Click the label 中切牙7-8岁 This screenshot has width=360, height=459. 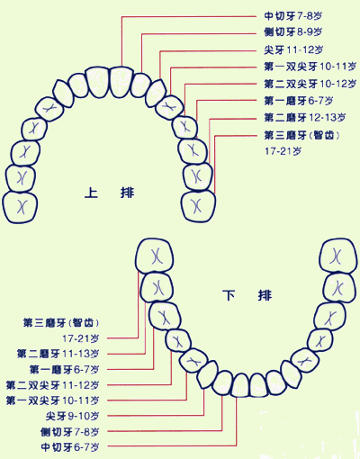pos(292,15)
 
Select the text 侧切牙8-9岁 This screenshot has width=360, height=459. pos(292,31)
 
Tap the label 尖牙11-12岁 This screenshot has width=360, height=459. pos(293,49)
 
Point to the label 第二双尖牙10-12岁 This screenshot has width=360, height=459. pos(310,84)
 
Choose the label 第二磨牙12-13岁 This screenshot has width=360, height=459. pos(305,117)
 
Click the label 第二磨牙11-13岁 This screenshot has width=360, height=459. pos(58,354)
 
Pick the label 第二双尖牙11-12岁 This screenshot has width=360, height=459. pos(52,385)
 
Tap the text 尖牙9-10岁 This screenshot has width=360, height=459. pos(72,416)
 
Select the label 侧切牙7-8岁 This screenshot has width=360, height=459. pos(70,432)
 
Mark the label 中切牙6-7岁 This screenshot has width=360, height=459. pos(70,447)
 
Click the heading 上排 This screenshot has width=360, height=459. pos(109,193)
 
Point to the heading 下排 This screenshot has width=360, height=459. pos(247,295)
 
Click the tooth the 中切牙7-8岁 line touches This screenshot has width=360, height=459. pos(121,82)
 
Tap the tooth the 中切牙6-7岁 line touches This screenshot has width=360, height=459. pos(240,385)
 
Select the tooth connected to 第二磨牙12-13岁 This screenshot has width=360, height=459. pos(198,177)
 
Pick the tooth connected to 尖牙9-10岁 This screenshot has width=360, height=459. pos(208,374)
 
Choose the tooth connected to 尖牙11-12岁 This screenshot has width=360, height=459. pos(156,93)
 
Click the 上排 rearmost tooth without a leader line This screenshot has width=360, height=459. pos(20,208)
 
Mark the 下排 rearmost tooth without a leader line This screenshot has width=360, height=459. pos(338,256)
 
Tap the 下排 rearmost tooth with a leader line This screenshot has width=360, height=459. pos(155,256)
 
